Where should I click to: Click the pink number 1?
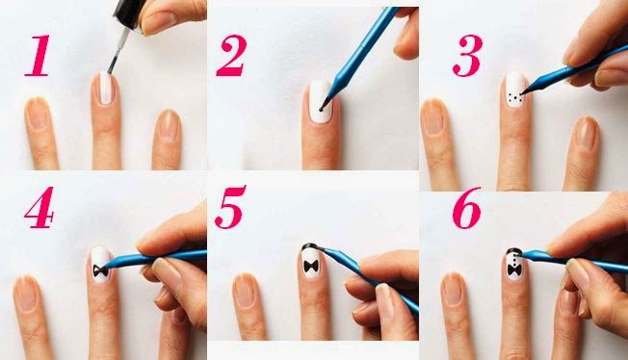pos(38,55)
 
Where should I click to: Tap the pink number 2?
pos(231,55)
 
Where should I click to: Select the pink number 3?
pos(467,55)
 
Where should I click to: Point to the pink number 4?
pos(39,207)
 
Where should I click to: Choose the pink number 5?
pos(230,207)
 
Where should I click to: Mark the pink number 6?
pos(466,207)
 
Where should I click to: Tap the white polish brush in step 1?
pos(118,51)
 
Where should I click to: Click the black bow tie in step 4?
pos(100,270)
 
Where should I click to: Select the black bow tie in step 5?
pos(311,267)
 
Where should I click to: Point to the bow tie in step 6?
pos(514,270)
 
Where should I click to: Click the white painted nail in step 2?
pos(321,101)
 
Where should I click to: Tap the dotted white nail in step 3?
pos(515,90)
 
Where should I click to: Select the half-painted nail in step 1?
pos(106,89)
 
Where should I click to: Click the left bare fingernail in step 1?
pos(38,115)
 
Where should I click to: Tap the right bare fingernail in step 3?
pos(587,133)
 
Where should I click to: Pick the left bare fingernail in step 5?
pos(245,291)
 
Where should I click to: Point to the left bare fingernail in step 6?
pos(453,289)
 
